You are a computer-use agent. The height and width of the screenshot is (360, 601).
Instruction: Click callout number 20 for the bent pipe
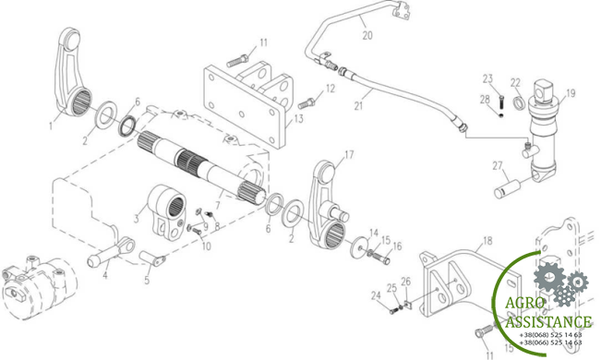pyautogui.click(x=367, y=36)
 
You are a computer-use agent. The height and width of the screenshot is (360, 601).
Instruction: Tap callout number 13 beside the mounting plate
pyautogui.click(x=298, y=119)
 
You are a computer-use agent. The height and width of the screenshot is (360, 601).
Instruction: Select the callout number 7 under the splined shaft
pyautogui.click(x=218, y=206)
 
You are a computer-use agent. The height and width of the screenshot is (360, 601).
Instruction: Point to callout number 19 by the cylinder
pyautogui.click(x=571, y=93)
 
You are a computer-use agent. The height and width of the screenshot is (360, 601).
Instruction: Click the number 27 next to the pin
pyautogui.click(x=498, y=166)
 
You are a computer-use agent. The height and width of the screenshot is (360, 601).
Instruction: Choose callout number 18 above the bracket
pyautogui.click(x=487, y=241)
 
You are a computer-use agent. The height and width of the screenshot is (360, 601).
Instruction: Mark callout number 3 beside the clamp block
pyautogui.click(x=136, y=220)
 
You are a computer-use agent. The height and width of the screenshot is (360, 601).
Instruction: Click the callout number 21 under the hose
pyautogui.click(x=358, y=105)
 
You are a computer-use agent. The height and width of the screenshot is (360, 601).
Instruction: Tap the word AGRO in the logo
pyautogui.click(x=525, y=303)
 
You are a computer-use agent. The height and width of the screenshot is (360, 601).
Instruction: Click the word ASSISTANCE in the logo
pyautogui.click(x=548, y=321)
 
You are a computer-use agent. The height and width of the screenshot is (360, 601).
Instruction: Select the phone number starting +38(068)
pyautogui.click(x=550, y=335)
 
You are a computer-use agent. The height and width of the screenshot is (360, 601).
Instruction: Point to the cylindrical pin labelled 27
pyautogui.click(x=508, y=187)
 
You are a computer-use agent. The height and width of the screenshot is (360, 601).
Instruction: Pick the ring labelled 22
pyautogui.click(x=519, y=103)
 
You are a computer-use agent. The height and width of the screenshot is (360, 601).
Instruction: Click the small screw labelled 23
pyautogui.click(x=501, y=100)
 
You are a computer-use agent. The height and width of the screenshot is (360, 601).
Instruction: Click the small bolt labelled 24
pyautogui.click(x=393, y=311)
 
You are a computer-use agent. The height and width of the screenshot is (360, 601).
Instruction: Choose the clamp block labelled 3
pyautogui.click(x=167, y=212)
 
